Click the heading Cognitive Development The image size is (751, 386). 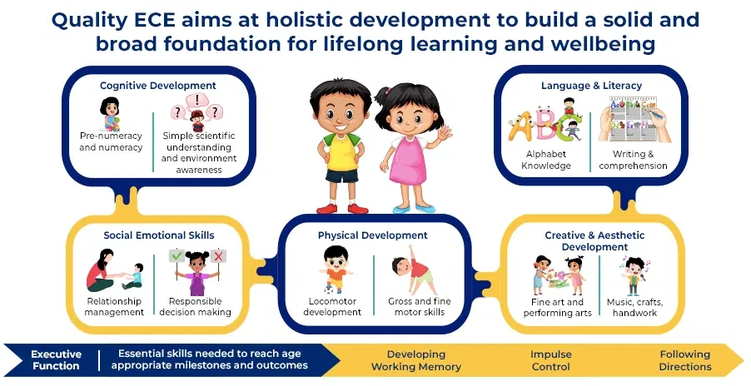point(158,86)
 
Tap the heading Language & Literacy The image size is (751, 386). point(591,86)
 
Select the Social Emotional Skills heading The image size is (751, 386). point(159,235)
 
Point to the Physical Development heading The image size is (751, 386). point(373,235)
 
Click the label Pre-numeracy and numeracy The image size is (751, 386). point(111,141)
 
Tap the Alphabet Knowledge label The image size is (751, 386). point(546,160)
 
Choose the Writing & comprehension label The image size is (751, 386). point(633,160)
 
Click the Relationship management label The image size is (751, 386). point(114,307)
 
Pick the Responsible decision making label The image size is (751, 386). point(196,307)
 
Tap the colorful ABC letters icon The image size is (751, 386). point(545,126)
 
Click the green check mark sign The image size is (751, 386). point(177,256)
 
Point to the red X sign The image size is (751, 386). point(218,256)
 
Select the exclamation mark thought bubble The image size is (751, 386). point(197,100)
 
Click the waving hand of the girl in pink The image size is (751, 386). point(445,132)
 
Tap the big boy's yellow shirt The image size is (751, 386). point(341,151)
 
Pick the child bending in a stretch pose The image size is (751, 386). point(413,270)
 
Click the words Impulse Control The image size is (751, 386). point(551,361)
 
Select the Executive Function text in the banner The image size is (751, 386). point(56,360)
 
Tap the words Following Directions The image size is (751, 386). point(685,361)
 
